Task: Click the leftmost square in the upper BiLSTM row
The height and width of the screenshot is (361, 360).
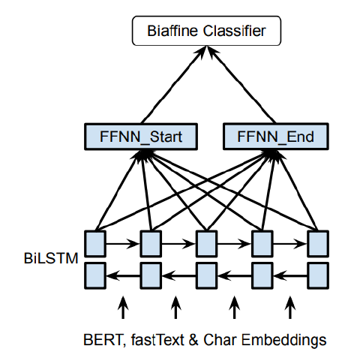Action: click(95, 242)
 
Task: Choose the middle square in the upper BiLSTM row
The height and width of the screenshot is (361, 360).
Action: click(206, 242)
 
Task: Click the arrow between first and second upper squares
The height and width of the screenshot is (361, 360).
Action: click(123, 242)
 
